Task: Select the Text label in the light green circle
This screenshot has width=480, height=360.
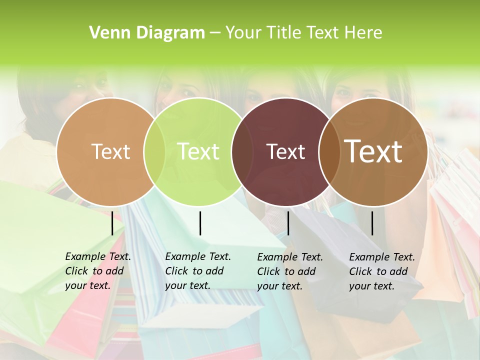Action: [x=198, y=151]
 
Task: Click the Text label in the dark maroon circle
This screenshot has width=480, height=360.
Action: [x=285, y=152]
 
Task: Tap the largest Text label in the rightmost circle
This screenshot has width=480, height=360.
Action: [x=373, y=151]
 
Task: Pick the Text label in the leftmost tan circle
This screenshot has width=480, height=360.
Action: [x=110, y=152]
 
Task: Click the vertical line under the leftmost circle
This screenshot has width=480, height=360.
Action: [x=112, y=223]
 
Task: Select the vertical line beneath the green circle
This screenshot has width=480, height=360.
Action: [x=200, y=223]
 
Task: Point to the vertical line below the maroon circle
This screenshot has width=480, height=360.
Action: [x=288, y=223]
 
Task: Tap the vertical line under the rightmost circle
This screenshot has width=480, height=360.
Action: [x=372, y=223]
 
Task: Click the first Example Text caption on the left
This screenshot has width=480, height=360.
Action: [x=97, y=271]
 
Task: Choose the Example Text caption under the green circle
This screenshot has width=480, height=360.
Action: [x=197, y=271]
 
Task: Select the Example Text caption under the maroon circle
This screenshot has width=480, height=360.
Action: [x=289, y=271]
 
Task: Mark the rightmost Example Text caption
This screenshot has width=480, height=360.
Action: [x=381, y=271]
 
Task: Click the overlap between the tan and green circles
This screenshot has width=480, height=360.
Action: [x=154, y=152]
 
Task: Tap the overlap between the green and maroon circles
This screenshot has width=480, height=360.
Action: [x=242, y=152]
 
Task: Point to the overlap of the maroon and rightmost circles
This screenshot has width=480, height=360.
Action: [x=328, y=152]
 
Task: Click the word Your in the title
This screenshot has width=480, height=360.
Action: [x=243, y=33]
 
